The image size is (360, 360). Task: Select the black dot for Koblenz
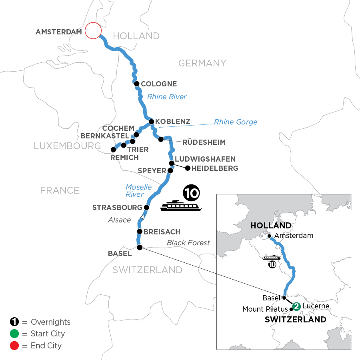(152, 122)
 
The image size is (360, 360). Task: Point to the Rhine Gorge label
(236, 122)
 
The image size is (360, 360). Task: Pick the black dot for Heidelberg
(188, 168)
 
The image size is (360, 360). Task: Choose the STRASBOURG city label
(117, 208)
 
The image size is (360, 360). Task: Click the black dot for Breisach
(140, 232)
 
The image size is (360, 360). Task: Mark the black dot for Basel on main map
(140, 248)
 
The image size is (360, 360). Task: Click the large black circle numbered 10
(191, 194)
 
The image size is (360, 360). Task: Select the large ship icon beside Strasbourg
(181, 206)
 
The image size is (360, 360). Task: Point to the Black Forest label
(188, 242)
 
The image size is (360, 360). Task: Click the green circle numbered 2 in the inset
(296, 306)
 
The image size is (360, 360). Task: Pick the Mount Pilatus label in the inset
(265, 309)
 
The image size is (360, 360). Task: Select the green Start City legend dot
(14, 334)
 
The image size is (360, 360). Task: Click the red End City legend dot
(14, 345)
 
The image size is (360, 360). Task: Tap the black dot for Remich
(113, 150)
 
